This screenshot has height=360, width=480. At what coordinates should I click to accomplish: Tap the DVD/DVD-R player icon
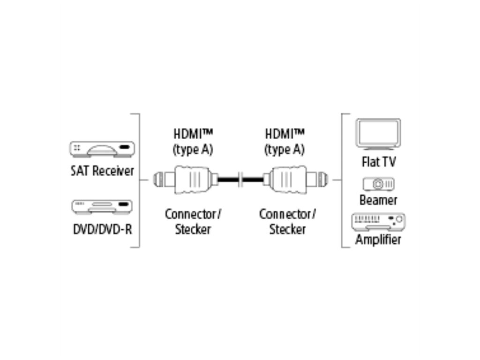(x=102, y=207)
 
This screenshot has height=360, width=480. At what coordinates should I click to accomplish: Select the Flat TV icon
(x=378, y=135)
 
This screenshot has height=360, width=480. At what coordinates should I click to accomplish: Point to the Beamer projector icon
(x=378, y=184)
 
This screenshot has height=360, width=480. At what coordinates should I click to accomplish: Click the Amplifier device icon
(x=378, y=221)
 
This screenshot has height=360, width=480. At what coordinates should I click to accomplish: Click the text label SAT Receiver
(x=102, y=171)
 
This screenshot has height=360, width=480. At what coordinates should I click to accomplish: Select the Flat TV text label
(x=378, y=162)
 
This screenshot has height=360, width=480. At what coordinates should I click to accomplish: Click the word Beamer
(x=378, y=200)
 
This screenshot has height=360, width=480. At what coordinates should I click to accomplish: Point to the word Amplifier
(x=378, y=240)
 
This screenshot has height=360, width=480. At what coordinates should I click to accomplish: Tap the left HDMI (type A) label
(x=192, y=142)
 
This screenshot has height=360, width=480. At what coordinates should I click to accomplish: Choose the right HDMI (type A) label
(x=285, y=142)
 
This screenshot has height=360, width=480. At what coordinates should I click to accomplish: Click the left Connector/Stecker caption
(x=193, y=222)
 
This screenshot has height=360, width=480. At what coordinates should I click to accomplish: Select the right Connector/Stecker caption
(x=287, y=222)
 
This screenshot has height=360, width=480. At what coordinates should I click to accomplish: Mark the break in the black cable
(x=240, y=179)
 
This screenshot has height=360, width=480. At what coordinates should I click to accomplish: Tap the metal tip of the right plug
(x=322, y=179)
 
